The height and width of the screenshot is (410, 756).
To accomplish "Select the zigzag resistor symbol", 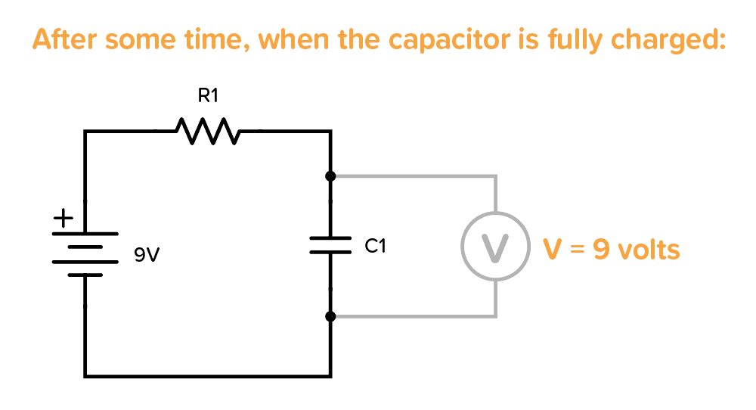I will pyautogui.click(x=208, y=131).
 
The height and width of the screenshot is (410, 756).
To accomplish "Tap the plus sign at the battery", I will pyautogui.click(x=61, y=219).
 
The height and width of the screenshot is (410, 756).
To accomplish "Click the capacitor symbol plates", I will pyautogui.click(x=330, y=246).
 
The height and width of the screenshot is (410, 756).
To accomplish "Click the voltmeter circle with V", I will pyautogui.click(x=495, y=248).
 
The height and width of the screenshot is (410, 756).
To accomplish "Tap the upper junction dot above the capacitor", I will pyautogui.click(x=330, y=176).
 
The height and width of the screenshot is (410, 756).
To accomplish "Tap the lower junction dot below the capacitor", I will pyautogui.click(x=330, y=315).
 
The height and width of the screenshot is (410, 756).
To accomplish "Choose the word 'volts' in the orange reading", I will pyautogui.click(x=649, y=249).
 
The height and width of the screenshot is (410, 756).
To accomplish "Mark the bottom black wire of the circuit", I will pyautogui.click(x=208, y=374).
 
